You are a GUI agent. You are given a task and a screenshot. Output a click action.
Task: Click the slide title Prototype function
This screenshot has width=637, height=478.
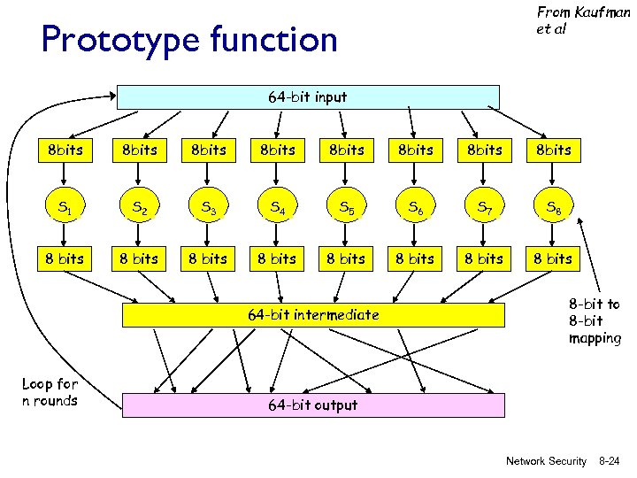click(189, 40)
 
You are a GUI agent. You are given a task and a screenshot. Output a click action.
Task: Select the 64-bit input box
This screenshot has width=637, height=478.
click(308, 97)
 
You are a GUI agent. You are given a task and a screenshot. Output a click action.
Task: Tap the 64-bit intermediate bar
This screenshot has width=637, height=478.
click(312, 314)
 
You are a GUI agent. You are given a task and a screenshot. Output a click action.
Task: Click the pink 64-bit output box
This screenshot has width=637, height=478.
click(312, 405)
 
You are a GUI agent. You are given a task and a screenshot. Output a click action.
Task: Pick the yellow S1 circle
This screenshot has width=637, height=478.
click(65, 208)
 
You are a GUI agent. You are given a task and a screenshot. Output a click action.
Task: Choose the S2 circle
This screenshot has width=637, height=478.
click(139, 208)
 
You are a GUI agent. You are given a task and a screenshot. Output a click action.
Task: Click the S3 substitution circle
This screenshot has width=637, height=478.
click(208, 208)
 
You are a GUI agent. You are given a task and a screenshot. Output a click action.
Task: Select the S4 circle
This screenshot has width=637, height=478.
click(277, 208)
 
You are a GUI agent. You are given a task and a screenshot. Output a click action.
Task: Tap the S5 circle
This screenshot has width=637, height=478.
click(346, 208)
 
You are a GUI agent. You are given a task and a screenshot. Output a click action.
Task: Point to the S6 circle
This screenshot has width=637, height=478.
click(415, 208)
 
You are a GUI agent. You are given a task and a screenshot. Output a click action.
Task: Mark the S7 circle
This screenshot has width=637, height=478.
click(484, 208)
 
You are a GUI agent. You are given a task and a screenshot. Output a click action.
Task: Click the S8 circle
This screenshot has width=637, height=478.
click(553, 208)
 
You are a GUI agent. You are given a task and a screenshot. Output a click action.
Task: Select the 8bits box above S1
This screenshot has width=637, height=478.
click(65, 150)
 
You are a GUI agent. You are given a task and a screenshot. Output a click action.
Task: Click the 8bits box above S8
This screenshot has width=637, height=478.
click(553, 150)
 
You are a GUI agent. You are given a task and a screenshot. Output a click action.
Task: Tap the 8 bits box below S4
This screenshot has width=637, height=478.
click(277, 258)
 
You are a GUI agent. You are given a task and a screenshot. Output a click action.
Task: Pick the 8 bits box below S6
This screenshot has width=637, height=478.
click(415, 258)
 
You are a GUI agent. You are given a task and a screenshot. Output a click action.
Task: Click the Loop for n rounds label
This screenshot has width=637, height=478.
click(50, 392)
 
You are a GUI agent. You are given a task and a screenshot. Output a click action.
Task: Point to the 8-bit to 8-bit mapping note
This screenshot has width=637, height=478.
click(594, 321)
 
